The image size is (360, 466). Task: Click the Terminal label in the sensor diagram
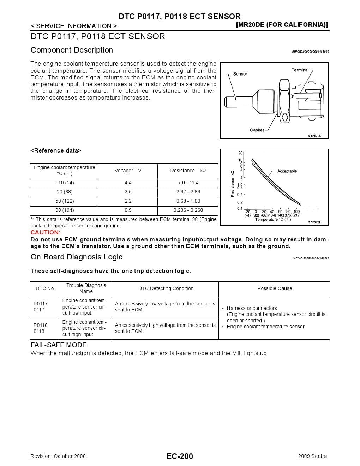pos(300,70)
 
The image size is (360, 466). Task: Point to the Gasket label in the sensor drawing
pos(257,130)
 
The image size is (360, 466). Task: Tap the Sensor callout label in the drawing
pos(240,74)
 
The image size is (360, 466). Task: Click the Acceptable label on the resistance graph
pos(287,171)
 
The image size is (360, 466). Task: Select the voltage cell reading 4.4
pos(128,183)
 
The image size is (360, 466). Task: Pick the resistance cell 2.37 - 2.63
pos(188,192)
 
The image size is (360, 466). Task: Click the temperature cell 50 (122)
pos(65,201)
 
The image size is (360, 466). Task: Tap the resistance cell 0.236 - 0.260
pos(188,210)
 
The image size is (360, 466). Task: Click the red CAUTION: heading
pos(46,232)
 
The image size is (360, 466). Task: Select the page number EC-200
pos(180,456)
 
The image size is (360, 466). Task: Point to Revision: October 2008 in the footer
pos(58,456)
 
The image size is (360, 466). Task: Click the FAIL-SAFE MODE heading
pos(59,345)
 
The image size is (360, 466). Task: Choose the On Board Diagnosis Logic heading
pos(77,257)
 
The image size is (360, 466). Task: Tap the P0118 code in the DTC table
pos(41,325)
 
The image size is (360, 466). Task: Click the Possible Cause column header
pos(275,289)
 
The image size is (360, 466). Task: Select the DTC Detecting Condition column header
pos(166,289)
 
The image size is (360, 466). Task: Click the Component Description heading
pos(72,50)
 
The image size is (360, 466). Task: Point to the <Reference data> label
pos(56,151)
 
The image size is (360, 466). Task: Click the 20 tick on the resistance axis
pos(240,153)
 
